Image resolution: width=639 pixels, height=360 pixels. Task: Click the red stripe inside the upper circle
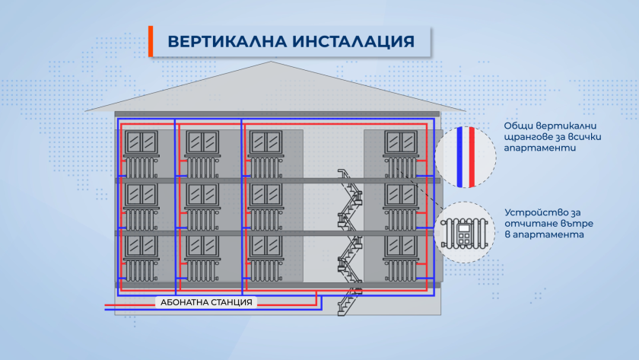pos(472,157)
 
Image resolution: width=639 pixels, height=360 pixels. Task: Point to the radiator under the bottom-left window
pos(140,269)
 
